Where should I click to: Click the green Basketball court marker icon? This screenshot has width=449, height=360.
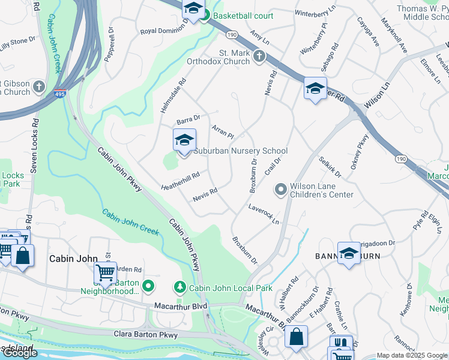click(205, 16)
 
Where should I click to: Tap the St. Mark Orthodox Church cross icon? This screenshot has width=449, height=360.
click(259, 56)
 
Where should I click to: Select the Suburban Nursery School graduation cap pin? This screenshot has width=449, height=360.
click(184, 142)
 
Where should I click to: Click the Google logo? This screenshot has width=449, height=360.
click(20, 353)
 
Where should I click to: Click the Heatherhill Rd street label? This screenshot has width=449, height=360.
click(179, 180)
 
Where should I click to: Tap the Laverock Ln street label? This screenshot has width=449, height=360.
click(264, 214)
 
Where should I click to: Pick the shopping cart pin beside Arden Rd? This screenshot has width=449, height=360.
click(106, 274)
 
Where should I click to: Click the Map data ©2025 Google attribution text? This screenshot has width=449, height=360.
click(412, 355)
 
